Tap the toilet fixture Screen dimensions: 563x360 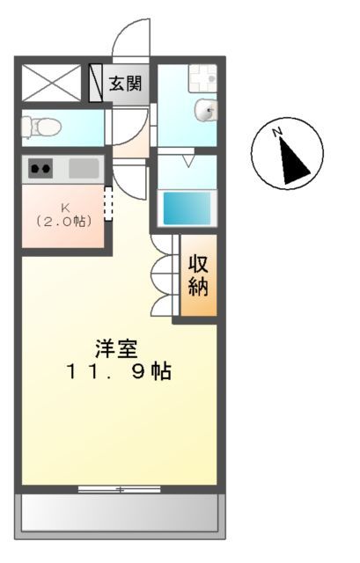coord(40,127)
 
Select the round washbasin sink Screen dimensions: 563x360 coord(207,111)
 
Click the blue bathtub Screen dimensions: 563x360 coord(187,208)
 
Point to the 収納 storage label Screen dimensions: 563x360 coord(198,276)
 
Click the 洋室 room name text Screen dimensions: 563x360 coord(117,347)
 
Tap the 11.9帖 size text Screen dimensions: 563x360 coord(117,371)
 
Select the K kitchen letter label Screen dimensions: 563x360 coord(64,208)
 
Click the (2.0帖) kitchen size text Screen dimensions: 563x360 coord(64,222)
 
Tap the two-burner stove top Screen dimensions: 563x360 coord(40,167)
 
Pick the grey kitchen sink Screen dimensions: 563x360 coord(84,167)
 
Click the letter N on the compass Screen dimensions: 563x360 coord(276,134)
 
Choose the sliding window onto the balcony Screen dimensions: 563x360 coord(120,488)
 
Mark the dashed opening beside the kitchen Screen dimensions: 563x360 coord(109,204)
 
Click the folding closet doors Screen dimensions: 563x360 coord(165,276)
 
